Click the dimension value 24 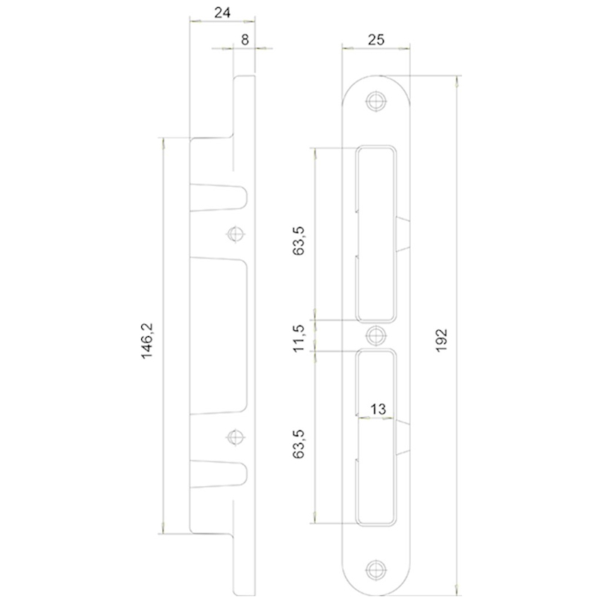point(222,13)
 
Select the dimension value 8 point(245,40)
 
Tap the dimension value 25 point(375,40)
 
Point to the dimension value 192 point(442,340)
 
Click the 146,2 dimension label point(147,341)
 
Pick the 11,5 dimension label point(298,338)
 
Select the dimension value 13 point(378,409)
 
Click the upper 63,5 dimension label point(298,240)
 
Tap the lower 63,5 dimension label point(298,444)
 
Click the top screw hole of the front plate point(375,101)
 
